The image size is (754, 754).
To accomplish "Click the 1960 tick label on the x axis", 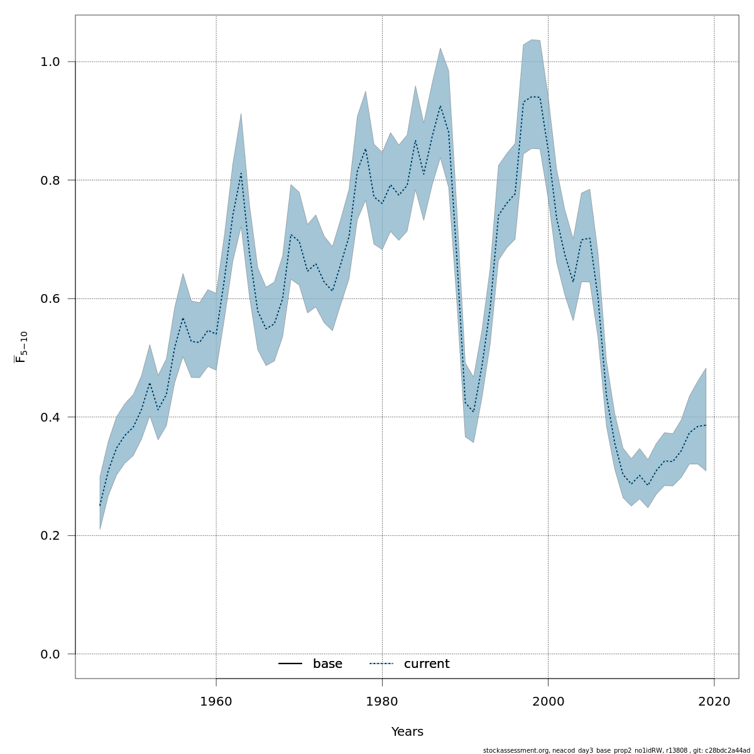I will (216, 701).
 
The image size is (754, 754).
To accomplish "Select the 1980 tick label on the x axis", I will (382, 701).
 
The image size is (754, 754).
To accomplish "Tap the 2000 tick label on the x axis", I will (548, 701).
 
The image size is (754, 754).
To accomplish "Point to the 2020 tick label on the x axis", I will (714, 701).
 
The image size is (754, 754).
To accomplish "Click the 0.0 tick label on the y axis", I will (50, 654).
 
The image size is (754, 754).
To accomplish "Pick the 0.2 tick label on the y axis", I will (50, 535).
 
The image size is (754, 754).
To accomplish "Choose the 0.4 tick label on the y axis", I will (50, 417).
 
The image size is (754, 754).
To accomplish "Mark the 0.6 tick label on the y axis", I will (50, 298).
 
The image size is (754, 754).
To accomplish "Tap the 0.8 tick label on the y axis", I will (50, 180).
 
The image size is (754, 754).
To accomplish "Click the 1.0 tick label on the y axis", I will (50, 62).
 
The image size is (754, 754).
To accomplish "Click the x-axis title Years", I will (407, 732).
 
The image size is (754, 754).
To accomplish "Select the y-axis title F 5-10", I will (21, 347).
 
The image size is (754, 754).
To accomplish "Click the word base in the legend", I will (327, 664).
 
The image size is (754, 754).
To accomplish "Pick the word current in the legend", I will (427, 664).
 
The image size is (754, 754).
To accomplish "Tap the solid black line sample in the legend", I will (290, 664).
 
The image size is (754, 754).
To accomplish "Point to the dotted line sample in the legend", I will (381, 664).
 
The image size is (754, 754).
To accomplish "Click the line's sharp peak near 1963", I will (241, 173).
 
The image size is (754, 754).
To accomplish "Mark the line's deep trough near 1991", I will (473, 412).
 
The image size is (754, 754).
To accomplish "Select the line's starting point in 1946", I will (100, 505).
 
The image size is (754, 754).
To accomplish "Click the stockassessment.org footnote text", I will (616, 750).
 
